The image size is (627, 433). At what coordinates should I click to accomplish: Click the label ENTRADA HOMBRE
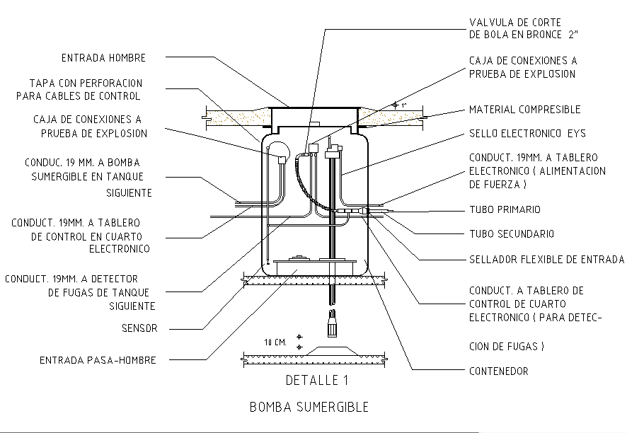click(x=102, y=58)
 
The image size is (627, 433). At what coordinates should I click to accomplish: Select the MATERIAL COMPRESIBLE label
click(x=524, y=110)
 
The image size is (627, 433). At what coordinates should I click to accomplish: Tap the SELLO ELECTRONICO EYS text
click(x=527, y=133)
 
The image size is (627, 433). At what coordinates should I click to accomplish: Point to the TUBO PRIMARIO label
click(x=505, y=209)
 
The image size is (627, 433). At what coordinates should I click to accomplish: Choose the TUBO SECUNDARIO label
click(x=512, y=233)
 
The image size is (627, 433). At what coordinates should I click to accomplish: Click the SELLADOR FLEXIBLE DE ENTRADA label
click(x=546, y=259)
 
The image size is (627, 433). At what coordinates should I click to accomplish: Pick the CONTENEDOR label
click(x=498, y=371)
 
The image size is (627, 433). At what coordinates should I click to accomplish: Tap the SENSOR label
click(x=139, y=328)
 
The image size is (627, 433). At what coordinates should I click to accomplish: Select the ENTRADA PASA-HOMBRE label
click(x=98, y=360)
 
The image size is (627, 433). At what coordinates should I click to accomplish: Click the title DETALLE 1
click(x=316, y=381)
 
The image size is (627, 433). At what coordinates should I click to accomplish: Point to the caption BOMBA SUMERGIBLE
click(x=309, y=408)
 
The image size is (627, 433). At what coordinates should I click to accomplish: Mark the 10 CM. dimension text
click(x=275, y=342)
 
